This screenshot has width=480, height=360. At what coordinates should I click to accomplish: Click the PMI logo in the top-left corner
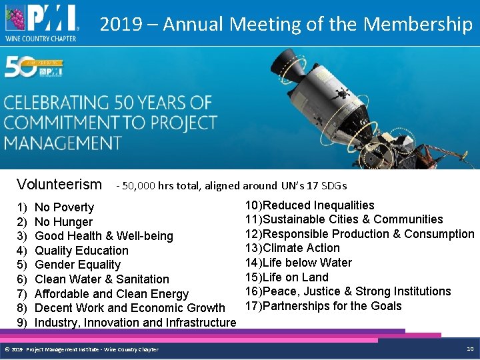(42, 21)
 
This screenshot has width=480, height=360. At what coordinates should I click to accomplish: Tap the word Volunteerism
(59, 185)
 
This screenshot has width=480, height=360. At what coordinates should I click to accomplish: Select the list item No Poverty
(64, 207)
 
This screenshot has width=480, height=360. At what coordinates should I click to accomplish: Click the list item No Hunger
(63, 222)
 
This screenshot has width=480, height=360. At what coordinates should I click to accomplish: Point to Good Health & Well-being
(103, 236)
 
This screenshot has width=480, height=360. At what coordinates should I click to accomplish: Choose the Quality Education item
(81, 251)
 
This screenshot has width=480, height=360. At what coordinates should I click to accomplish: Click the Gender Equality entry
(77, 265)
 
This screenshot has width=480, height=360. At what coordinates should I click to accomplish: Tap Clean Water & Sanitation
(101, 279)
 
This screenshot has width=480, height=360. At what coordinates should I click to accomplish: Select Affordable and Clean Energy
(111, 294)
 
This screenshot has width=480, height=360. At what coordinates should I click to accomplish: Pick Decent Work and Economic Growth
(129, 308)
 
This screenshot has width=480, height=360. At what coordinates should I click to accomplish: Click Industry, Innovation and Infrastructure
(135, 323)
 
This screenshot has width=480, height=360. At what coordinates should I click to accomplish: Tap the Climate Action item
(301, 248)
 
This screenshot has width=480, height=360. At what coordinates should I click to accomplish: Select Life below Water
(307, 263)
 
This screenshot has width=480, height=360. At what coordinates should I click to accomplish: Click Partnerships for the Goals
(333, 306)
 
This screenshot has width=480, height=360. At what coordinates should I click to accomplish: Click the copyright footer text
(81, 349)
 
